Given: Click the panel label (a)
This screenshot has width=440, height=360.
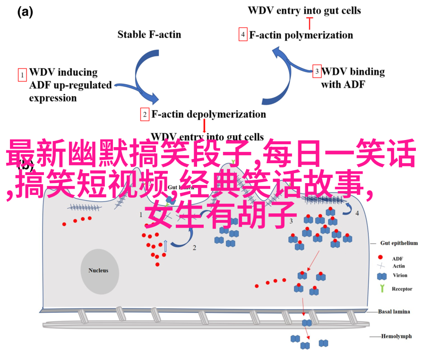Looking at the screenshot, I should pos(25,13).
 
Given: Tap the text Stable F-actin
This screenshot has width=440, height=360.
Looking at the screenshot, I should pos(149,34).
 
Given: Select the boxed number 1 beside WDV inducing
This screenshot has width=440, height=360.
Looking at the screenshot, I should pos(22,74).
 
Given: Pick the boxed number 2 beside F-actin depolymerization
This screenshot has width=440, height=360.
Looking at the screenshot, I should pos(144,114).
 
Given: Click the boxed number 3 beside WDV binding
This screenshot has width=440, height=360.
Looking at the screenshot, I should pos(316,71).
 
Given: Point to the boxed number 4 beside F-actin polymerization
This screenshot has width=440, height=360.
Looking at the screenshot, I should pos(243,35).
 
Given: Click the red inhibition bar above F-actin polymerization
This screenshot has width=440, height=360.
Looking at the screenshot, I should pos(310,20).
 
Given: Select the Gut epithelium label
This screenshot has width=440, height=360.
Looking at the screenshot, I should pos(399,243).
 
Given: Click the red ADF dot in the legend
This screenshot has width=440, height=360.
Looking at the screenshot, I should pos(381,258).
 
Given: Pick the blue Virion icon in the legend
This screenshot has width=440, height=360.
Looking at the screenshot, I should pos(381,276).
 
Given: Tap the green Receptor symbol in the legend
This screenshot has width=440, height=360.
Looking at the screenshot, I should pos(381,289).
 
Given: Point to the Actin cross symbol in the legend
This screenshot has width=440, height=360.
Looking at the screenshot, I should pos(381,267).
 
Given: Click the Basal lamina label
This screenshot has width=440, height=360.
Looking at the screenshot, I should pos(394,311).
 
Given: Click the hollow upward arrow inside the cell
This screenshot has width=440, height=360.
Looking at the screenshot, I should pos(166,246).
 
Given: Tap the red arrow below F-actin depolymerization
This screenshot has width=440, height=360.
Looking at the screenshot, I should pos(204,126).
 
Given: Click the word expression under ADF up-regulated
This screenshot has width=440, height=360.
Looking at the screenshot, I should pos(53,98).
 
